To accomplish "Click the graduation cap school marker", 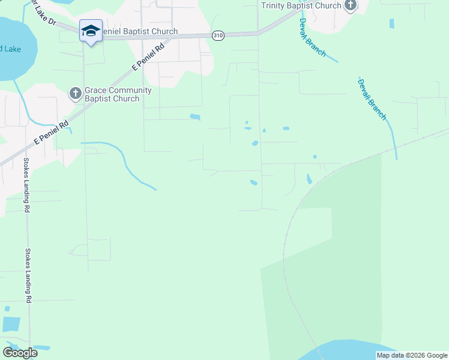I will point(91,31).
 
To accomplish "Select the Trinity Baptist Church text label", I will point(301,5).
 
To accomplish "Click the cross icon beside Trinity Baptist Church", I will point(351,5).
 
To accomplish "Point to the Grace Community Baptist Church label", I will point(118,94).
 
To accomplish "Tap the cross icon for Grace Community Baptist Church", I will point(75,93).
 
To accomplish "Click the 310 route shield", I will point(218,36).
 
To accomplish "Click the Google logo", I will point(20,352).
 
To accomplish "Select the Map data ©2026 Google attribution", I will point(412,355).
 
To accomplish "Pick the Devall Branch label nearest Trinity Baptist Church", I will point(312,37).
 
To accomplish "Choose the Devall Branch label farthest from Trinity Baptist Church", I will point(372,99).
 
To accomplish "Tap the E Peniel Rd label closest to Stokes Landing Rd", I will point(53,131).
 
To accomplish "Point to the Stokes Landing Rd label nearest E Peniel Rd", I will point(26,185).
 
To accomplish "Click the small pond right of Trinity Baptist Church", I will point(392,23).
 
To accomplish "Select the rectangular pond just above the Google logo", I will point(11,324).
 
